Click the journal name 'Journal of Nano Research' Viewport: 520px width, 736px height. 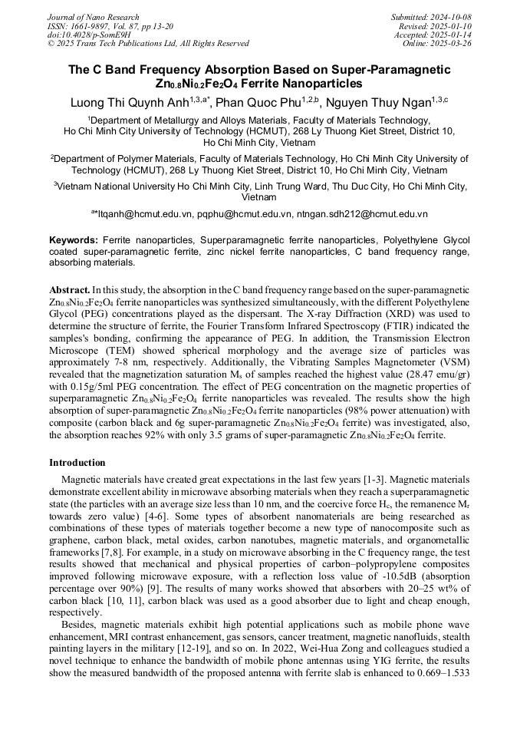pyautogui.click(x=93, y=17)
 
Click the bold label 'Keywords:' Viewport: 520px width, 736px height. pyautogui.click(x=74, y=240)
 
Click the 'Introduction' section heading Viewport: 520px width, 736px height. pyautogui.click(x=77, y=463)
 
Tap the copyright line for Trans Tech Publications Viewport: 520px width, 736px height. pyautogui.click(x=148, y=44)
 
